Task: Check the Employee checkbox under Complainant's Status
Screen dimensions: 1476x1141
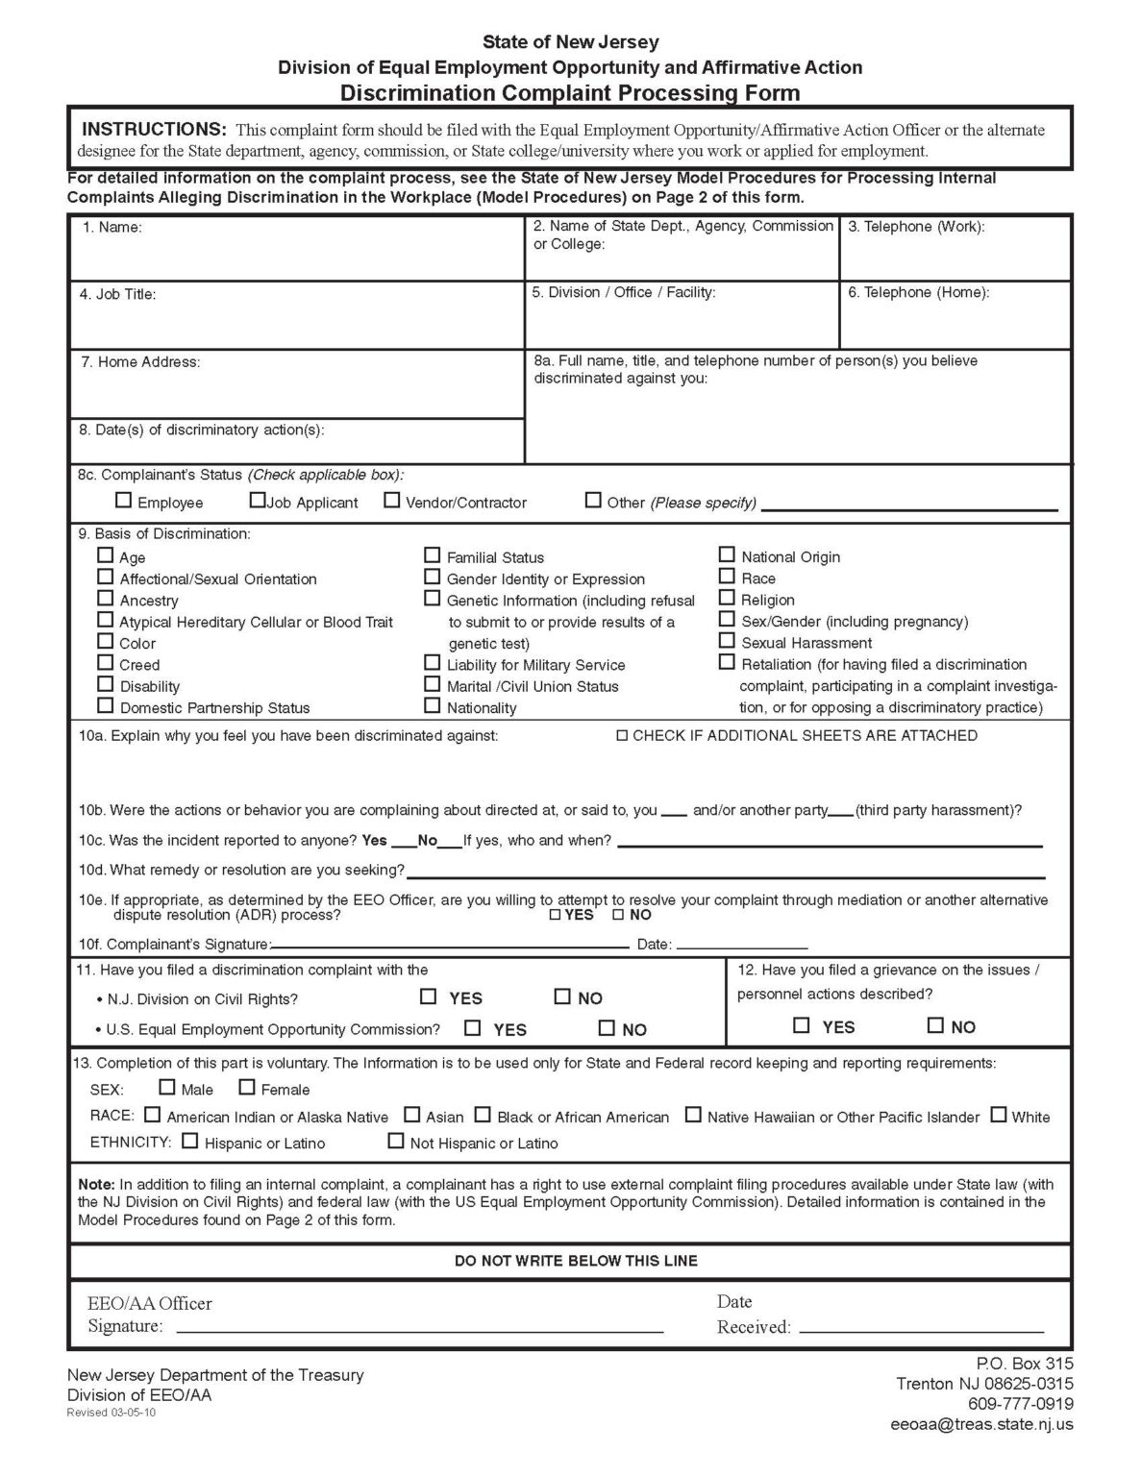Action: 123,500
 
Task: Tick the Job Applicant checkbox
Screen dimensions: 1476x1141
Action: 257,500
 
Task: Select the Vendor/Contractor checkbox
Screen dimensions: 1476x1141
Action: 392,500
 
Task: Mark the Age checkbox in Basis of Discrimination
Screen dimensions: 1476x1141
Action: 106,554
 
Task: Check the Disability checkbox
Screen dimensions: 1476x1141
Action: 106,684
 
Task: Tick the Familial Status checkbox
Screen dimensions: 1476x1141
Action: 433,555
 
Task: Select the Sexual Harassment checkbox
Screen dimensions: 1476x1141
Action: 727,641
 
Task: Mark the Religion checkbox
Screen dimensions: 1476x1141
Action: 727,598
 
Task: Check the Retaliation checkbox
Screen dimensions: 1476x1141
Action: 727,662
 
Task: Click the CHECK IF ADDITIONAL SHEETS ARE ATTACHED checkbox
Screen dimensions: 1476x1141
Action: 622,736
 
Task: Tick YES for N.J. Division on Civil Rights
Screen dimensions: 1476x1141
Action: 429,996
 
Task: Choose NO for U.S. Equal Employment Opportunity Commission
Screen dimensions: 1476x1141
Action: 607,1028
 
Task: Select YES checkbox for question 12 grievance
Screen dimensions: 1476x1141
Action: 802,1025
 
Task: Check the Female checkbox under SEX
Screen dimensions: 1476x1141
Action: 247,1088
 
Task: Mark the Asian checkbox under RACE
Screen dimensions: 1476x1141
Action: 411,1115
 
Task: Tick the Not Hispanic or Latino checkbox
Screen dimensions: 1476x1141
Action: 395,1142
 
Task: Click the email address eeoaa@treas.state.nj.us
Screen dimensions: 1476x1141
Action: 981,1425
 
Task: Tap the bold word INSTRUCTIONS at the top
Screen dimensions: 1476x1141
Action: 154,130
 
